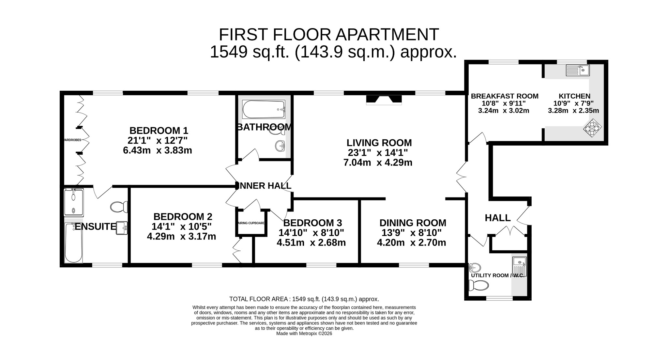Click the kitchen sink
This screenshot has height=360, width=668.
[578, 70]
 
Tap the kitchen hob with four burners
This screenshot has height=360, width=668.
[592, 128]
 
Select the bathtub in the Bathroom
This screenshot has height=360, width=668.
[264, 110]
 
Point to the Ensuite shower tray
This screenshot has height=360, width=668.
[74, 202]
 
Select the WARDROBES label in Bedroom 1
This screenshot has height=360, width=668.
[72, 140]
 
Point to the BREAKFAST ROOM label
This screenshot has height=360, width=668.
[505, 96]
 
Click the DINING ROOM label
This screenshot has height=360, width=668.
[413, 223]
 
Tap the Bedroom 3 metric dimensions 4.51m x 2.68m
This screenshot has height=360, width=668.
[311, 243]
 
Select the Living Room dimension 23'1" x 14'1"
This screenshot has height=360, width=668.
[378, 153]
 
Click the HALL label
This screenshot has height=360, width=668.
[498, 218]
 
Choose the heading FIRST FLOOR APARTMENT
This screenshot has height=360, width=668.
[329, 35]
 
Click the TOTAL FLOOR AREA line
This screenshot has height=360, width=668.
[304, 299]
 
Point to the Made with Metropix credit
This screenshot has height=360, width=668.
[304, 334]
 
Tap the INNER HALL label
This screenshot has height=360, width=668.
[264, 186]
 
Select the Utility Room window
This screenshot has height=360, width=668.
[499, 298]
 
